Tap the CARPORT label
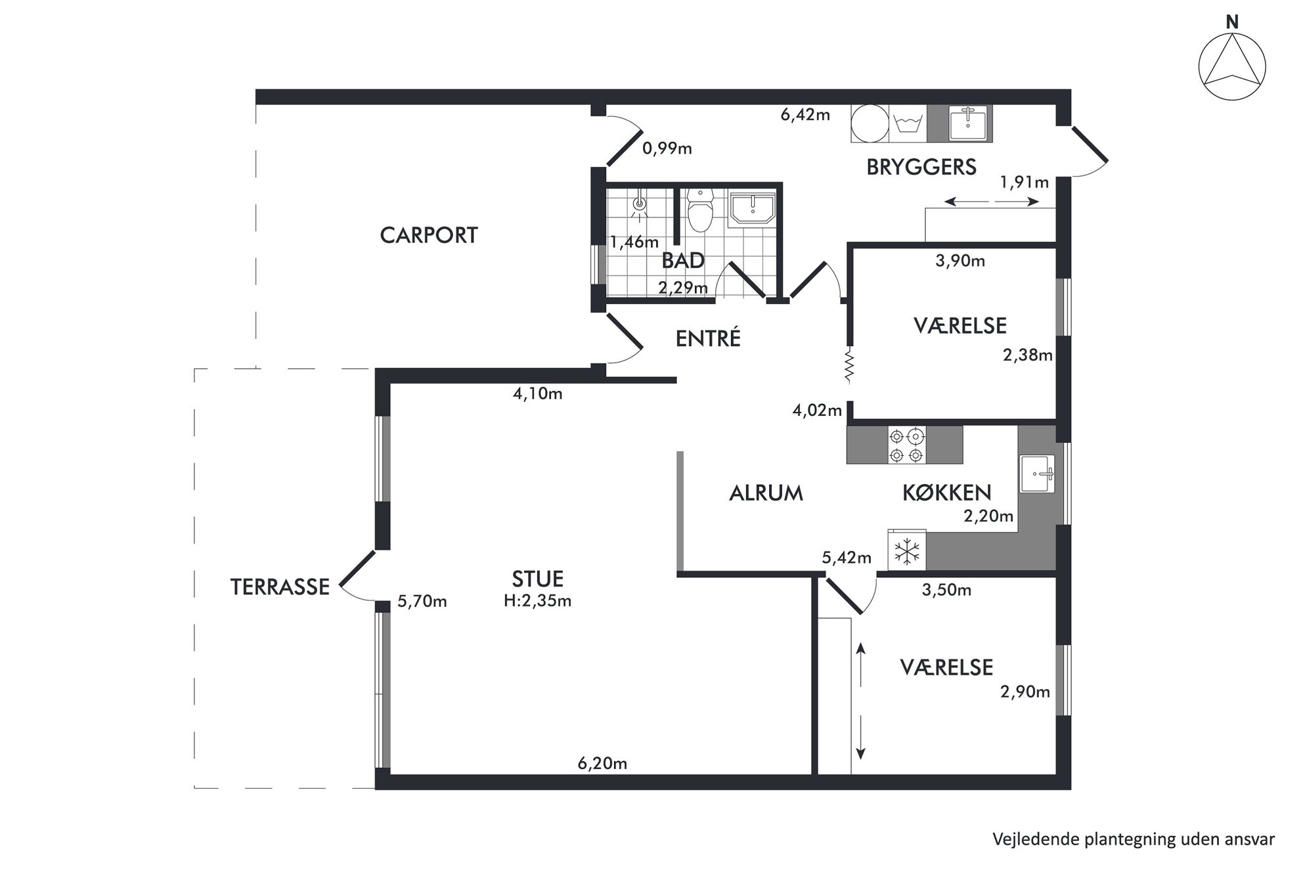click(x=429, y=235)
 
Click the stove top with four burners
click(x=907, y=445)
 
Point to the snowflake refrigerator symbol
click(x=907, y=550)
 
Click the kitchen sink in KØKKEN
click(x=1038, y=474)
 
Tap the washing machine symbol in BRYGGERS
click(x=908, y=123)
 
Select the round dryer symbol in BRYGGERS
click(x=870, y=123)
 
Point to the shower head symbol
click(x=639, y=205)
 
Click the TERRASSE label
click(x=280, y=587)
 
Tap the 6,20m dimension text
click(x=602, y=763)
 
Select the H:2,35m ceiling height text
click(x=538, y=600)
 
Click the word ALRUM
click(x=766, y=493)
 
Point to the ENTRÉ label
click(x=708, y=338)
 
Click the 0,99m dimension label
click(x=667, y=148)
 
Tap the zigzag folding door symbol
click(x=849, y=365)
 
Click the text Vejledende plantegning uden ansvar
click(x=1134, y=839)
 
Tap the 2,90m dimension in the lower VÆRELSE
click(x=1025, y=692)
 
